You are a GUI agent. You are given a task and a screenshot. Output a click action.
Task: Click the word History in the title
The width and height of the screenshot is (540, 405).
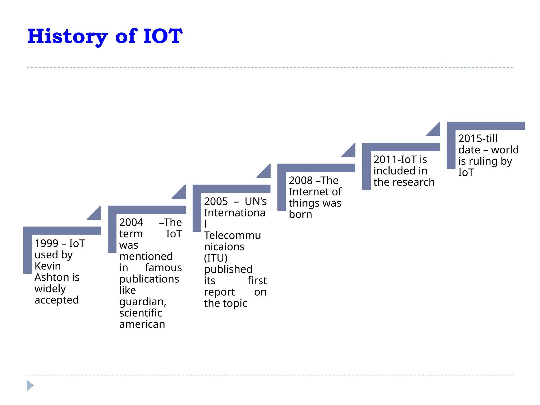tap(67, 36)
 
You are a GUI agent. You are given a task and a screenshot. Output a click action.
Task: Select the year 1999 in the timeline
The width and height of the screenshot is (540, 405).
tap(46, 243)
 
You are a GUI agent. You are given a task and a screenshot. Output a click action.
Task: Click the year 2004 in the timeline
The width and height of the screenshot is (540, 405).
tap(131, 223)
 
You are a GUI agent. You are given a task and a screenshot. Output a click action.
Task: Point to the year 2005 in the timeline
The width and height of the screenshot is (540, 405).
tap(216, 201)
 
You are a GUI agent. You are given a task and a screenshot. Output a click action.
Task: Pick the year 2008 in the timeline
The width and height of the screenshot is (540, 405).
tap(301, 181)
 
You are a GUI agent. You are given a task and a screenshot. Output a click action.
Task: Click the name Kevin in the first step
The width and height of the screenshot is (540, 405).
tap(48, 266)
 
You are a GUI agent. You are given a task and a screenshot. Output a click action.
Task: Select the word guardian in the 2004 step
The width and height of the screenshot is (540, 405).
tap(142, 302)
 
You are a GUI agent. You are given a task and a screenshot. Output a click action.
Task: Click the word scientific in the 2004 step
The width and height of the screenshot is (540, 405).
tap(141, 313)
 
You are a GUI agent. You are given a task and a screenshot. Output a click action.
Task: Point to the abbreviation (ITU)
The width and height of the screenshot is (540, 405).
tap(216, 258)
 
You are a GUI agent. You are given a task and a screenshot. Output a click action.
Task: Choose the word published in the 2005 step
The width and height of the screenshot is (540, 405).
tap(228, 269)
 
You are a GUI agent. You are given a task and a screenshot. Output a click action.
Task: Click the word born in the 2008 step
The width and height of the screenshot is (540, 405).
tap(300, 215)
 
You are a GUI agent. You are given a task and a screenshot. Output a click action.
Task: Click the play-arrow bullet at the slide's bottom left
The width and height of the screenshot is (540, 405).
tap(30, 385)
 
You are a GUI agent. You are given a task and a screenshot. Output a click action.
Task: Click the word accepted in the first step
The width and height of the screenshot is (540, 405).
tap(56, 300)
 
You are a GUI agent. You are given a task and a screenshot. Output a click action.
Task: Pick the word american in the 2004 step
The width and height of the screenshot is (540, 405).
tap(142, 324)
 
